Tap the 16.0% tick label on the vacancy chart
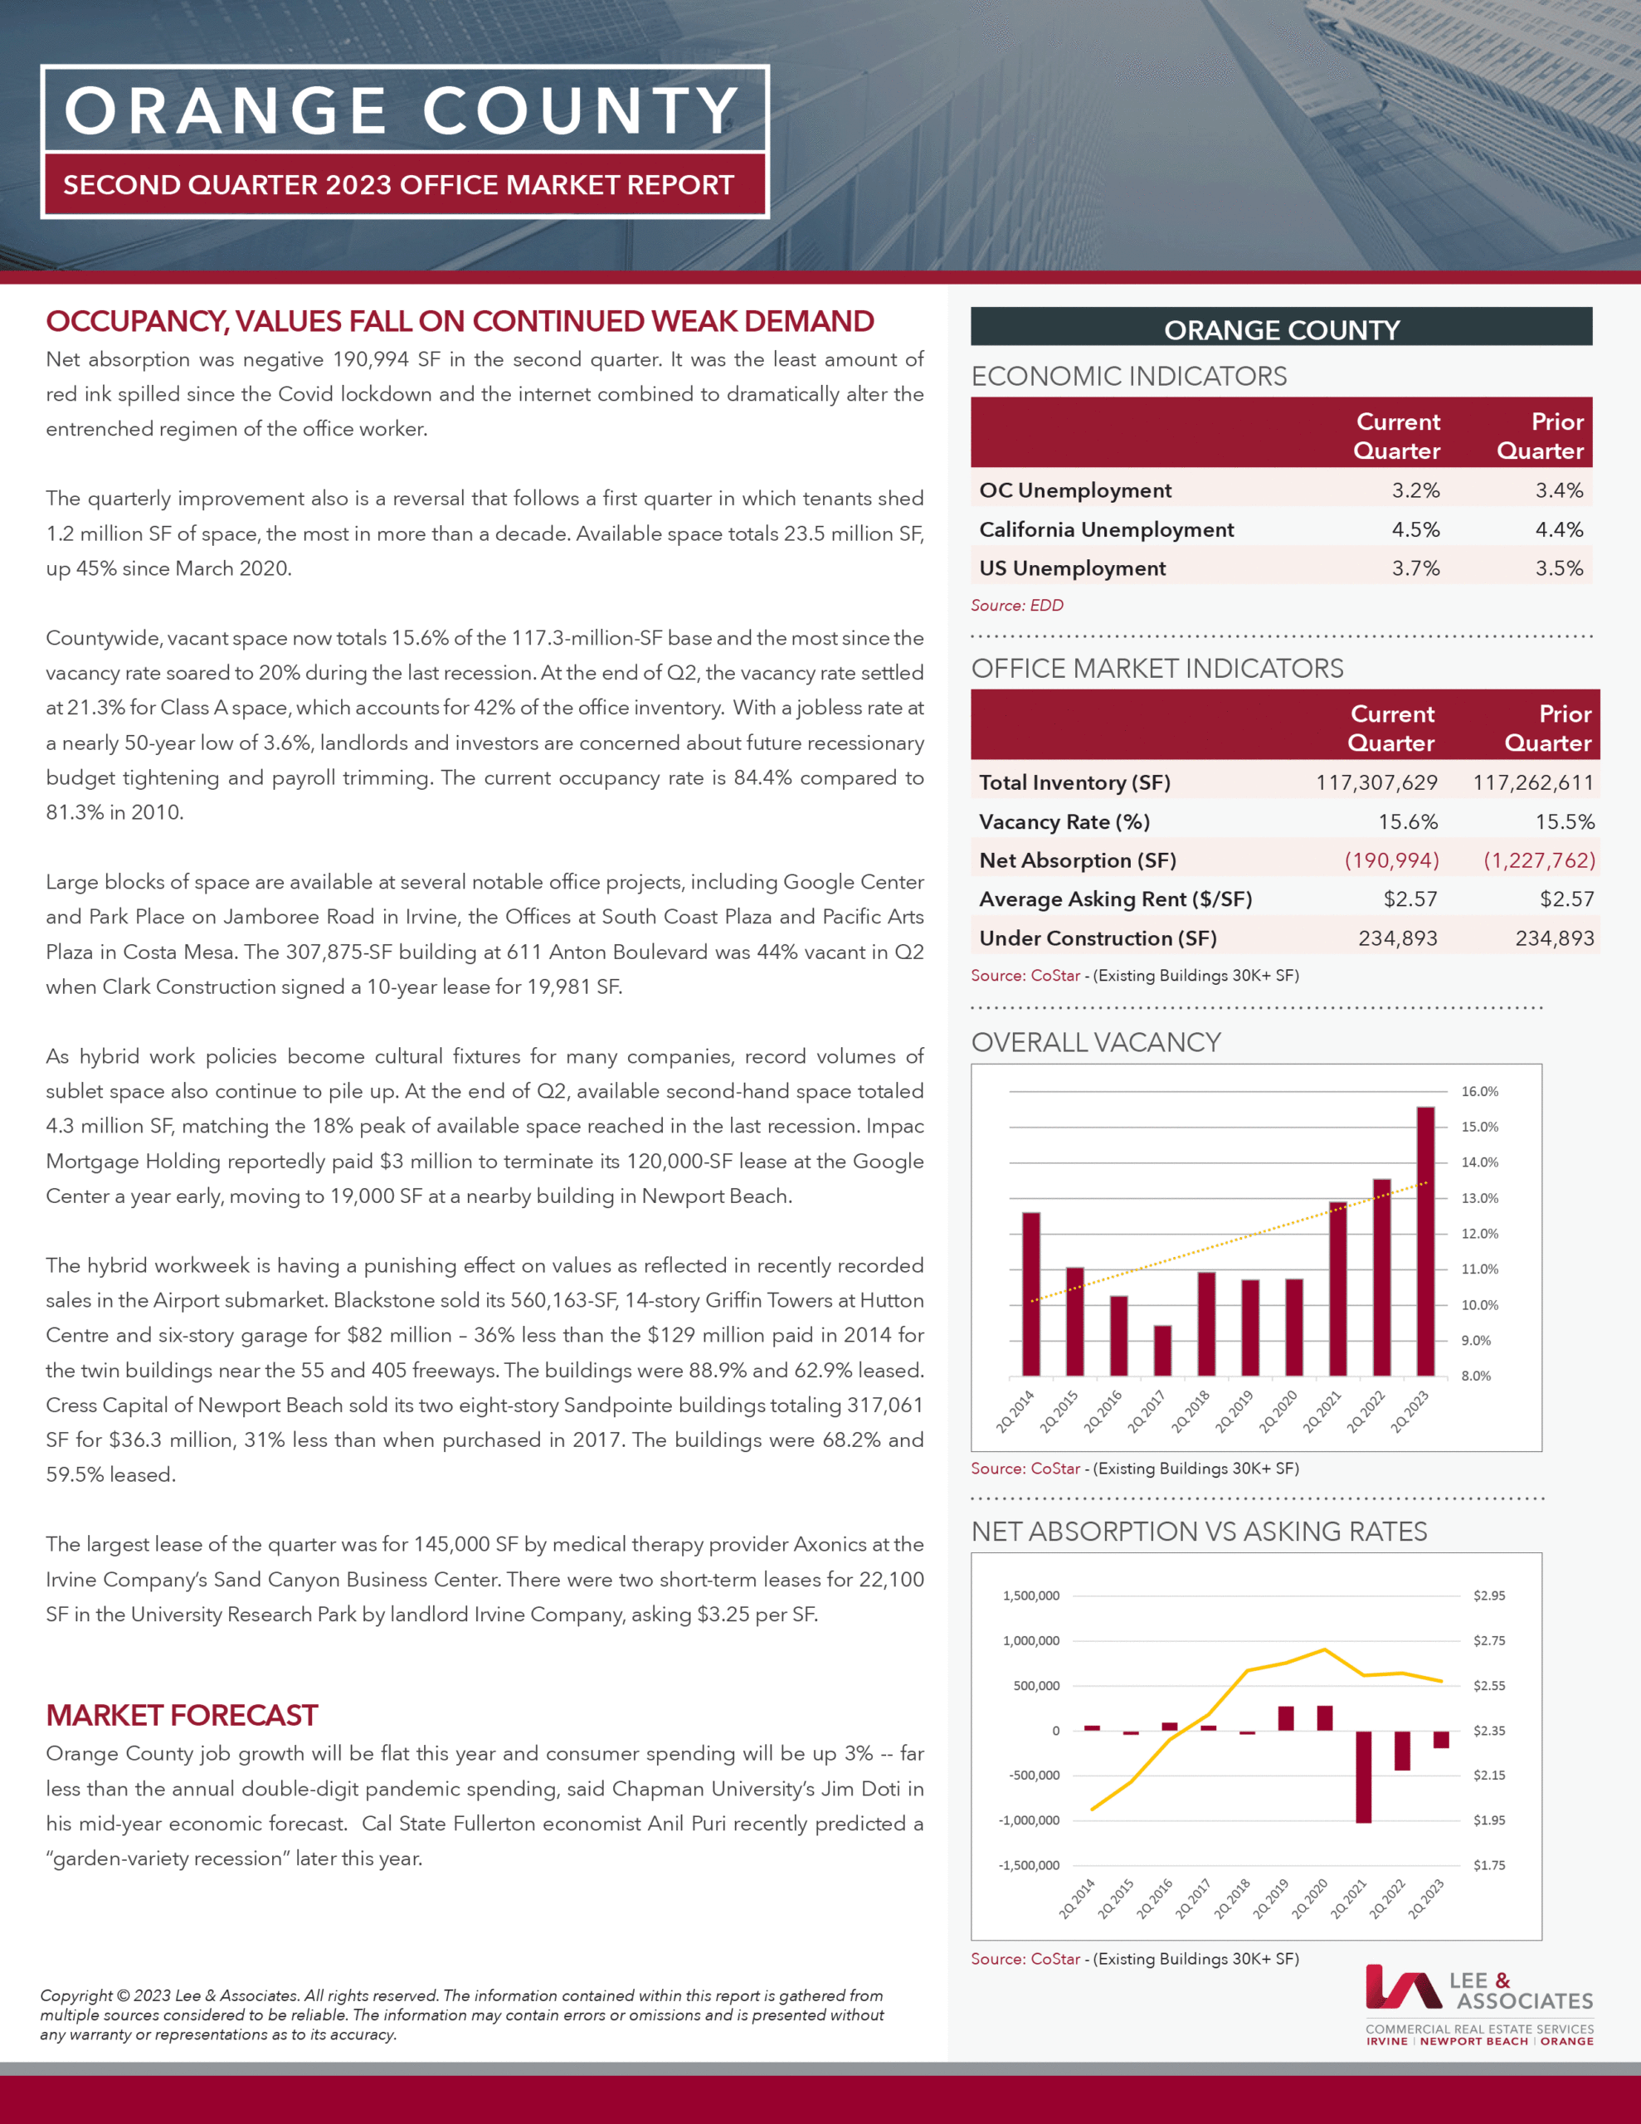1478,1091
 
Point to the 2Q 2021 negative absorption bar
1363,1776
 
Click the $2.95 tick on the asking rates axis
1488,1595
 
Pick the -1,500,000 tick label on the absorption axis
1030,1865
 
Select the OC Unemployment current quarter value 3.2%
1415,490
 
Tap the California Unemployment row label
1106,529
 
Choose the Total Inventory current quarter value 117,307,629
1376,783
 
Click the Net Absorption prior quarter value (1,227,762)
1539,860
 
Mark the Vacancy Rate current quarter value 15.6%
1408,821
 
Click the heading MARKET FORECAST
182,1715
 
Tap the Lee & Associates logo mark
1402,1987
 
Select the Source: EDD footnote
1016,605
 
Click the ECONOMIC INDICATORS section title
1128,377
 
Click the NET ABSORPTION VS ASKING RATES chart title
1199,1532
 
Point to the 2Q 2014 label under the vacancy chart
1015,1411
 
